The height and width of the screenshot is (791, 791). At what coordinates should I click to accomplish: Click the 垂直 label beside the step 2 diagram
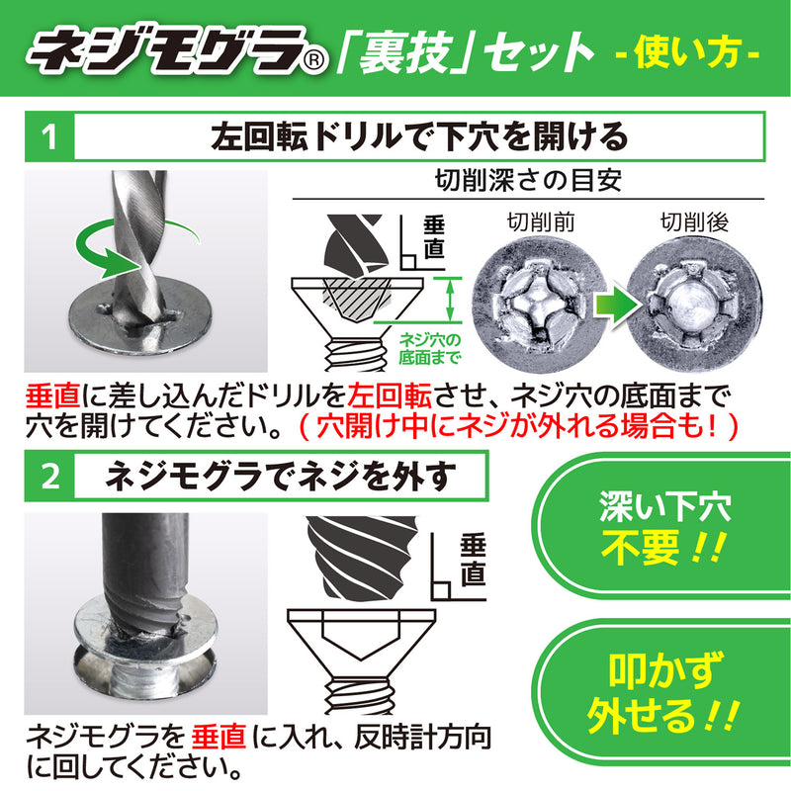click(x=472, y=559)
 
